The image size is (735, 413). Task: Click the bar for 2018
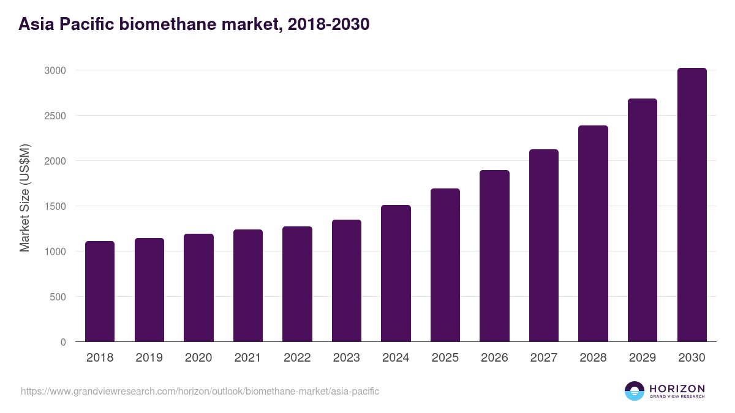tap(100, 291)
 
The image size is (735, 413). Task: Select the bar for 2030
tap(692, 205)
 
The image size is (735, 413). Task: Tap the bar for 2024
tap(396, 273)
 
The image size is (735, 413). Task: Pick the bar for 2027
tap(544, 245)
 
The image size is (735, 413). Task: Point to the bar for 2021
tap(248, 286)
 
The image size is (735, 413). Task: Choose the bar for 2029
tap(643, 220)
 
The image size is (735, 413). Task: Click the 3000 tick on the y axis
tap(55, 70)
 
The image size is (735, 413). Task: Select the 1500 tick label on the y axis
tap(55, 206)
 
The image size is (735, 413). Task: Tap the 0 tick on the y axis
tap(63, 342)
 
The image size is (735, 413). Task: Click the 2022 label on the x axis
tap(297, 358)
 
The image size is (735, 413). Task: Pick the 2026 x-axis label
tap(494, 358)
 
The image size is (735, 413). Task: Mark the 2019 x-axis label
tap(149, 358)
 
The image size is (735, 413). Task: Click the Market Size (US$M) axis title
tap(24, 198)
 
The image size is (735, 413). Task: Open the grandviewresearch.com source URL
tap(200, 391)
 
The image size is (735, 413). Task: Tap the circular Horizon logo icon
tap(635, 391)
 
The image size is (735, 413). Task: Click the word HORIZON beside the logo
tap(677, 389)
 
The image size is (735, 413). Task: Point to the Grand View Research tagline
tap(677, 397)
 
